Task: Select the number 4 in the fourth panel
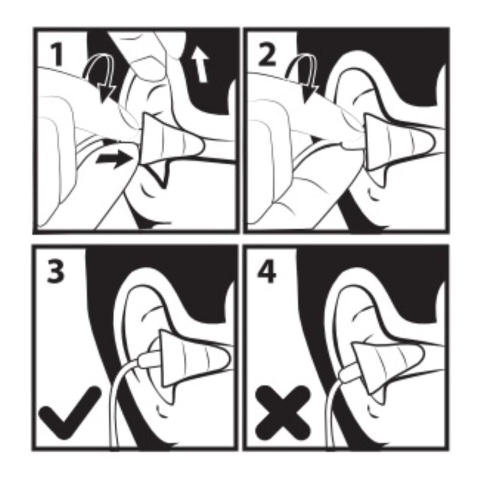(x=267, y=271)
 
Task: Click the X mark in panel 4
(x=282, y=413)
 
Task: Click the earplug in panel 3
(x=193, y=359)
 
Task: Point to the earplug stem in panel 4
(x=347, y=374)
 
